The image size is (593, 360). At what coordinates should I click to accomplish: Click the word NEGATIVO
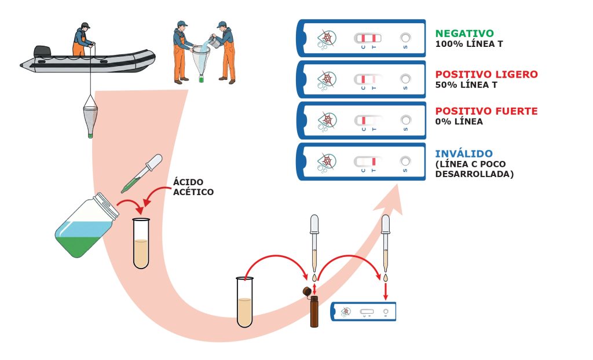pos(464,33)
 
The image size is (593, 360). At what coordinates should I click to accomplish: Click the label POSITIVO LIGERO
pos(486,74)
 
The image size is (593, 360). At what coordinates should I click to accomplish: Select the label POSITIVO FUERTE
pos(486,111)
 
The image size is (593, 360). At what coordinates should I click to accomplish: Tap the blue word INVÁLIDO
pos(464,153)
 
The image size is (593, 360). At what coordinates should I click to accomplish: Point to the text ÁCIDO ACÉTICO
pos(193,187)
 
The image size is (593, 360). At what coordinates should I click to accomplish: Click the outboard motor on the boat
pos(42,52)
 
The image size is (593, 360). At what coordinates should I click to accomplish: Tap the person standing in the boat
pos(82,39)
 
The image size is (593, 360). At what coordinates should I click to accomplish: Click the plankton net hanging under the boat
pos(90,116)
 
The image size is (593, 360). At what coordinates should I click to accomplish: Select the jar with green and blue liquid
pos(87,225)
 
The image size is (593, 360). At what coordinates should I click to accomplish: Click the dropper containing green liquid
pos(142,174)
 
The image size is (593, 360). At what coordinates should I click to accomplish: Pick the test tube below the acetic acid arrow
pos(141,244)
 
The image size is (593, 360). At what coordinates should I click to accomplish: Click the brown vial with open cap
pos(313,307)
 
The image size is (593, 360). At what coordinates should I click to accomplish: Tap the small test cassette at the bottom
pos(363,312)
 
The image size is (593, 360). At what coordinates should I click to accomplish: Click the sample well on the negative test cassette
pos(405,38)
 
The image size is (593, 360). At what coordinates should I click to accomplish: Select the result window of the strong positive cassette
pos(368,120)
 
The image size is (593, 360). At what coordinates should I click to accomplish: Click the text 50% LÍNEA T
pos(466,85)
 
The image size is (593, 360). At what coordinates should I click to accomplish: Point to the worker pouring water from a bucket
pos(224,52)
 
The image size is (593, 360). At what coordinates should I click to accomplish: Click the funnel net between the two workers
pos(201,61)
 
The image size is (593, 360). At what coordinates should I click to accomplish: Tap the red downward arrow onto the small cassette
pos(385,291)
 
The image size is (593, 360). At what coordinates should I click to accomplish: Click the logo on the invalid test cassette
pos(326,163)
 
